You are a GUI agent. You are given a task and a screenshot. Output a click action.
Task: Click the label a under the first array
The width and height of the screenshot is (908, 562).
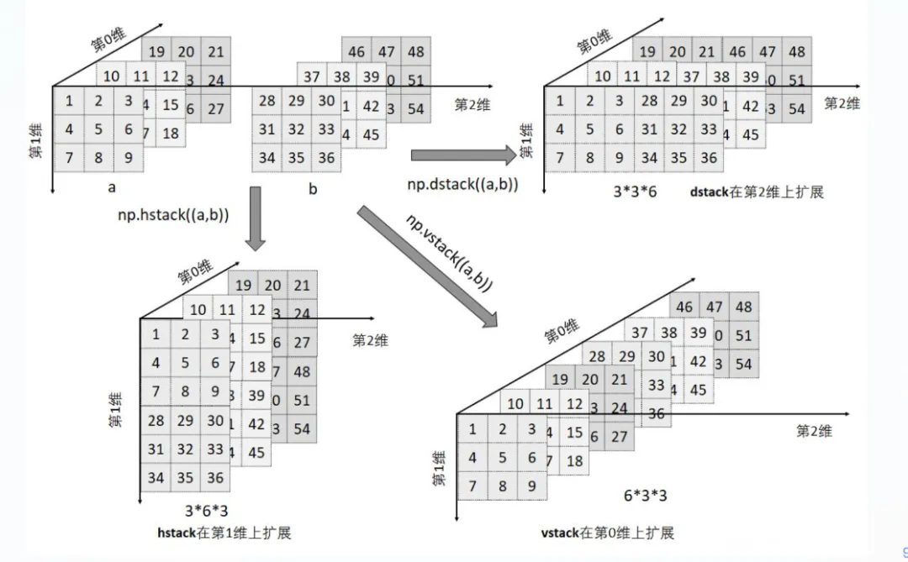point(112,187)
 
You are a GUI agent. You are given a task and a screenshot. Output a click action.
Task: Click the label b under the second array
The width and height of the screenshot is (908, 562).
point(313,189)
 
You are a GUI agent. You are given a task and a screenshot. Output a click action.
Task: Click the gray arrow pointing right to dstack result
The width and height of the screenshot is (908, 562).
point(463,154)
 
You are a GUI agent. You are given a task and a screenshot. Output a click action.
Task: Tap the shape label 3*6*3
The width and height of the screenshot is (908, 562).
point(205,510)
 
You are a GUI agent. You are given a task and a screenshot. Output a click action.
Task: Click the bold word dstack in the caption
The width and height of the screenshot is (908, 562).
point(709,192)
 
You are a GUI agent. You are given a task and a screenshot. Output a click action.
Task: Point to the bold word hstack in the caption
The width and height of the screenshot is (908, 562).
point(177,533)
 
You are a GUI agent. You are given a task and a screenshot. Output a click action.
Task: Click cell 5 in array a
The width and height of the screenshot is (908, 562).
point(99,130)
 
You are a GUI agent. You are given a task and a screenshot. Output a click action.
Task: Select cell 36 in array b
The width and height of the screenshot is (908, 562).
point(326,158)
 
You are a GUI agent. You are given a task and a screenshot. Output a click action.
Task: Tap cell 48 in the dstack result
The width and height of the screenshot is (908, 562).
point(796,52)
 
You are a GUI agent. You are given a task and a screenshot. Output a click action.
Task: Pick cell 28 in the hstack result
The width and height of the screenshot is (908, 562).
point(156,421)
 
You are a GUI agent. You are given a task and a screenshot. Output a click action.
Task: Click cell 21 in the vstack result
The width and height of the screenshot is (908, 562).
point(620,380)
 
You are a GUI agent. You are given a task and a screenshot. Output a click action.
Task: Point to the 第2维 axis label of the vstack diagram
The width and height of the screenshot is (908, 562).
point(814,431)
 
